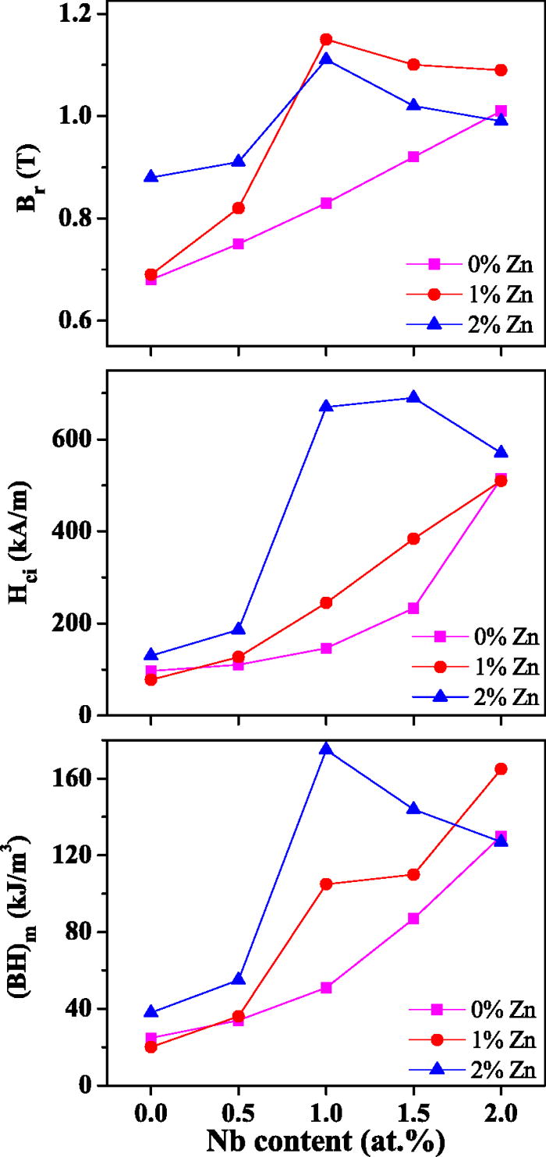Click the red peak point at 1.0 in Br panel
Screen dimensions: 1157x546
pyautogui.click(x=326, y=40)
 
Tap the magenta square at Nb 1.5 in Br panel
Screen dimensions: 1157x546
pyautogui.click(x=413, y=157)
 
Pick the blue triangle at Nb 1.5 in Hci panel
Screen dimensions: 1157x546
pyautogui.click(x=413, y=397)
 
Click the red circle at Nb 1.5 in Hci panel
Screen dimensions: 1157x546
pyautogui.click(x=413, y=538)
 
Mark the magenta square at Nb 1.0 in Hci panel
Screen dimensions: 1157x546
pyautogui.click(x=326, y=648)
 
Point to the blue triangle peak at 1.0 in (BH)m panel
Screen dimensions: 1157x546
pyautogui.click(x=326, y=749)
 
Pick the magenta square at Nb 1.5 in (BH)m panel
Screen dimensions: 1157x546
pyautogui.click(x=413, y=919)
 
